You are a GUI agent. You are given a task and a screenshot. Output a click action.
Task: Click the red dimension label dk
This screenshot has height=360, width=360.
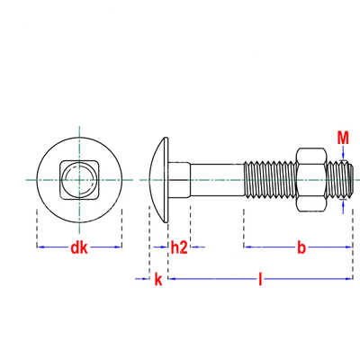click(79, 247)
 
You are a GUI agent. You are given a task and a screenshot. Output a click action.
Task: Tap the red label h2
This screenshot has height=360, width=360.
click(179, 247)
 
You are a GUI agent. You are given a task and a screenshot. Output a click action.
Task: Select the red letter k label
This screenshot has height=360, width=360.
click(158, 279)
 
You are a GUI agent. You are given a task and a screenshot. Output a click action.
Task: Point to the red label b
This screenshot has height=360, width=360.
click(301, 247)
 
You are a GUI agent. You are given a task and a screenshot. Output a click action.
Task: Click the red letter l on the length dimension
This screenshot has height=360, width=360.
click(260, 279)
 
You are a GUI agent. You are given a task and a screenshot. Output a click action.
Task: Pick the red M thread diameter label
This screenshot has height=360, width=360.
click(343, 138)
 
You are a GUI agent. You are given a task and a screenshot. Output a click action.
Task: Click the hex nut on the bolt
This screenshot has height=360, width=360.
click(311, 180)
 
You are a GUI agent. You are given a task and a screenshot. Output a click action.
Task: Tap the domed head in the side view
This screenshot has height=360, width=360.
click(159, 180)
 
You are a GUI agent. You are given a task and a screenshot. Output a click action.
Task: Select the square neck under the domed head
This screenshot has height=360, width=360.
click(179, 180)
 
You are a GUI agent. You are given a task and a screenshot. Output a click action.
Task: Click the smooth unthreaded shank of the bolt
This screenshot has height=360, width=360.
click(217, 180)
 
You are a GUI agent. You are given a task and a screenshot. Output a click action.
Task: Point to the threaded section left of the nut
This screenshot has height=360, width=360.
click(270, 180)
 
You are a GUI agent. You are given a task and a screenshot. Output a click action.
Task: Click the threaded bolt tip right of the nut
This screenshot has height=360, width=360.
click(340, 180)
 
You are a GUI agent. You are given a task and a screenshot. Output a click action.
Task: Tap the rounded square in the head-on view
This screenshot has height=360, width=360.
click(79, 180)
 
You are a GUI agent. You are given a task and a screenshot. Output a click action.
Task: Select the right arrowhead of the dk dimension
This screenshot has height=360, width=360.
click(118, 247)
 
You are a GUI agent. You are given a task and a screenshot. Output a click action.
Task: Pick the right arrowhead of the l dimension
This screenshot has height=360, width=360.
click(348, 279)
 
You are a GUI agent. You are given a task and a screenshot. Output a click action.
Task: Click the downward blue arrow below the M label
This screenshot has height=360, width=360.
click(343, 153)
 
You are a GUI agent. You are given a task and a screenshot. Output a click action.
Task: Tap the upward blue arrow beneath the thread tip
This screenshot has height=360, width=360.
click(343, 206)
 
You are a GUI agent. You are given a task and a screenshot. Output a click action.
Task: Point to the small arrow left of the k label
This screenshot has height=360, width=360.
click(142, 279)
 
